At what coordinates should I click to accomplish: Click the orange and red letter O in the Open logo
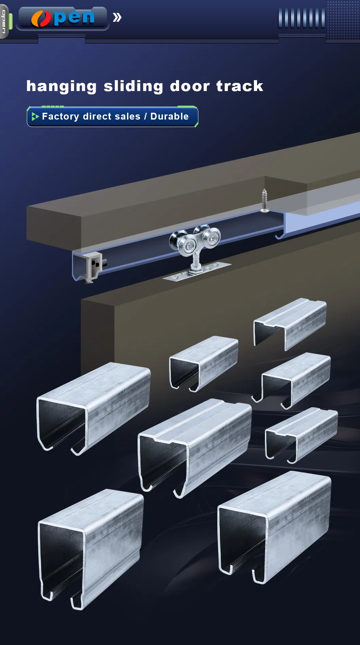click(41, 18)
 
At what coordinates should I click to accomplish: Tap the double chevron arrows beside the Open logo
click(117, 17)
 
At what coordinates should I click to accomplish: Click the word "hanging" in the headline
click(61, 87)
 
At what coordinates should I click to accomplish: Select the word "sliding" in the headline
click(133, 87)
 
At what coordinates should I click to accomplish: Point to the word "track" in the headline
click(240, 86)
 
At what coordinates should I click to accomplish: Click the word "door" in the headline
click(190, 86)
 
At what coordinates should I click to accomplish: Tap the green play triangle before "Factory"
click(35, 117)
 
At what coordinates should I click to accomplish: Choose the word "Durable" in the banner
click(169, 116)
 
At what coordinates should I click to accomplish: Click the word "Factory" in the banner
click(60, 117)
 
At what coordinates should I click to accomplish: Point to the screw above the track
click(264, 200)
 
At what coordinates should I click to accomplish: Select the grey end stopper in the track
click(94, 267)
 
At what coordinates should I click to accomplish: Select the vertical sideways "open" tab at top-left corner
click(4, 21)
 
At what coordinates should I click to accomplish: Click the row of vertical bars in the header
click(302, 18)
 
